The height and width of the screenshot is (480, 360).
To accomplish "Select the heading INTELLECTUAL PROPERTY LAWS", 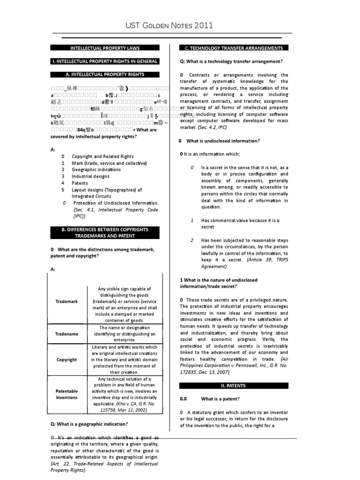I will (105, 48).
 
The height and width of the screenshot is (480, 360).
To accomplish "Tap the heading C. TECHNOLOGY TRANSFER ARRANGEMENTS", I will (234, 48).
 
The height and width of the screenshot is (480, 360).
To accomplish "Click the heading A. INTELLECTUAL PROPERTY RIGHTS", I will (105, 75).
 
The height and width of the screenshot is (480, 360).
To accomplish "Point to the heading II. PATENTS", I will (234, 386).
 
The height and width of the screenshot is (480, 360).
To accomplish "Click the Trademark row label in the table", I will (67, 301).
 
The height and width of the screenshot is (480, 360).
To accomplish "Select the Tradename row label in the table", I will (67, 334).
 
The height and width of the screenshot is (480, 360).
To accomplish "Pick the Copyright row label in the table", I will (67, 360).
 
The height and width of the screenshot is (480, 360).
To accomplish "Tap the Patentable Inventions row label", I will (67, 394).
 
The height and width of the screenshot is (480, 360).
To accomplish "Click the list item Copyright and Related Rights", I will (102, 157).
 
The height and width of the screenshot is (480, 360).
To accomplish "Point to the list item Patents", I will (80, 183).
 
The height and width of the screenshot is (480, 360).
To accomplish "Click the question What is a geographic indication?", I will (89, 424).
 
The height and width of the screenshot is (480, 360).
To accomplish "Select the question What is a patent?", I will (220, 399).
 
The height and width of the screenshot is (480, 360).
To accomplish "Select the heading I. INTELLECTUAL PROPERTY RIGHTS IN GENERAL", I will (105, 61).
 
